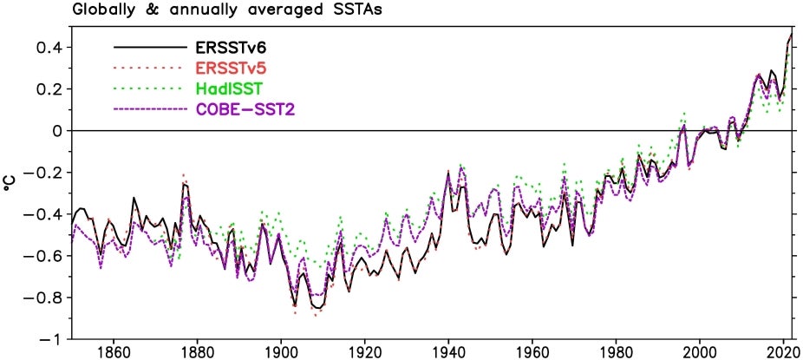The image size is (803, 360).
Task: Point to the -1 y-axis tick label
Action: [55, 339]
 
